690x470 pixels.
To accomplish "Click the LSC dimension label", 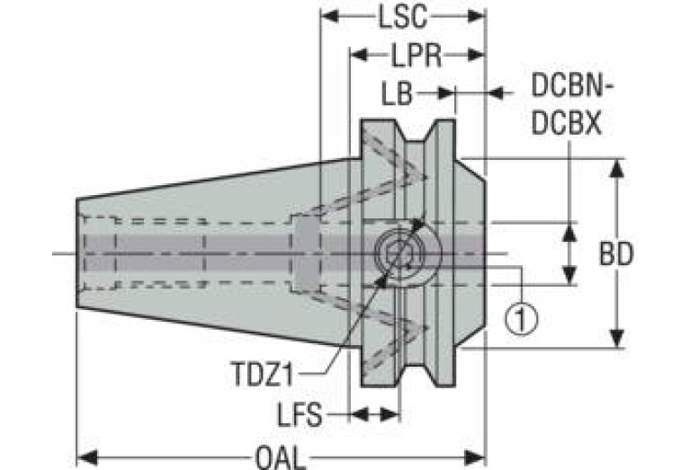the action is [403, 18].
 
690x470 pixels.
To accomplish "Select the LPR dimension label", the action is [417, 56].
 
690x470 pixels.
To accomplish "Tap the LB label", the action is [397, 93].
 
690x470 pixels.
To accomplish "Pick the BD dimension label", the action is [616, 253].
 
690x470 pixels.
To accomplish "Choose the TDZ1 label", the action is [262, 374].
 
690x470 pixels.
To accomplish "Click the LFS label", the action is [300, 414].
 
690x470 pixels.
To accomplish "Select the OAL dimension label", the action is [280, 458].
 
